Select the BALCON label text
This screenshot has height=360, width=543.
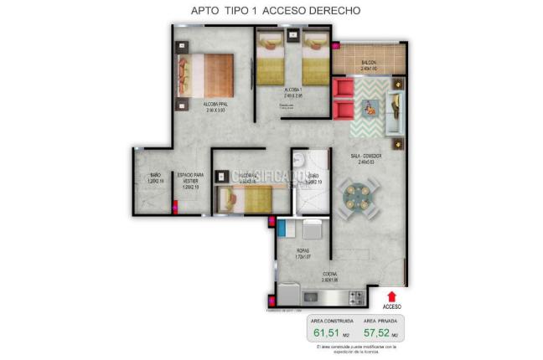coord(369,64)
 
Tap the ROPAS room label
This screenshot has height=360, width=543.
coord(304,250)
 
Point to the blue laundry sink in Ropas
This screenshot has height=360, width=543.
coord(287,229)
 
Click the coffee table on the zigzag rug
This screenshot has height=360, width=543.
coord(370,107)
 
